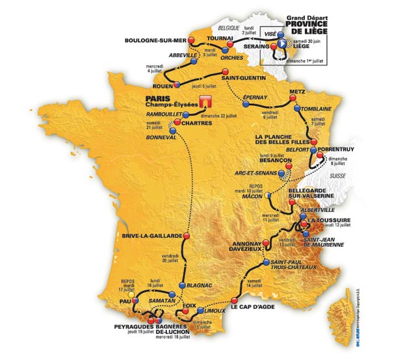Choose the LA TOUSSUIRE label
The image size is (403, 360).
pyautogui.click(x=330, y=220)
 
